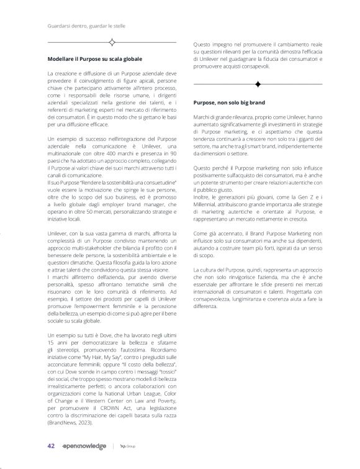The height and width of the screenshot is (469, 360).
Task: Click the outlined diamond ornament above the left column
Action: click(x=112, y=43)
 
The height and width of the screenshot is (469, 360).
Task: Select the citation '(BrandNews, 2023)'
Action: click(x=68, y=422)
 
